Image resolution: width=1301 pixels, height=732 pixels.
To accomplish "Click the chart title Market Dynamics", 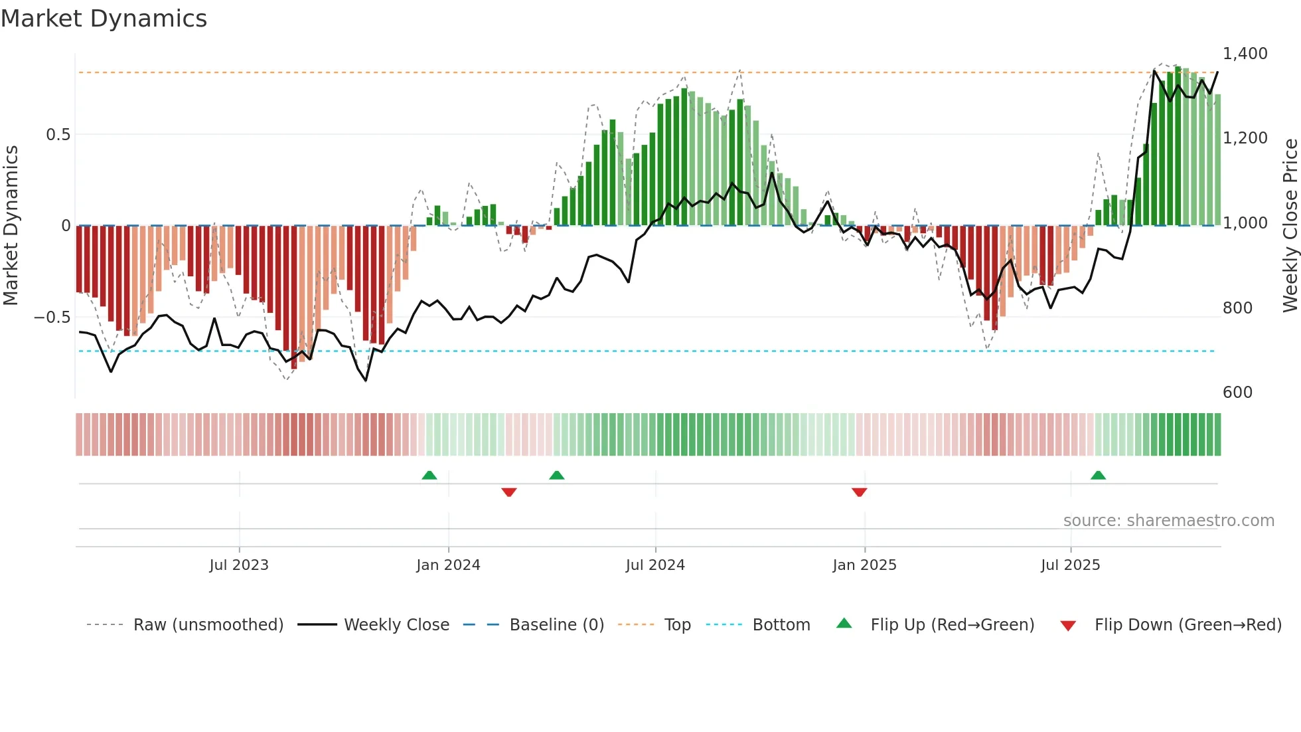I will point(104,19).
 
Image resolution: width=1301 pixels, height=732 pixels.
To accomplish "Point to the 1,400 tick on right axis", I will point(1245,54).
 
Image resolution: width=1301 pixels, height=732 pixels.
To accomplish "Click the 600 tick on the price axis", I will point(1237,393).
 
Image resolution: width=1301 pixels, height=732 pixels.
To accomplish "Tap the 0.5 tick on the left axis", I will point(58,135).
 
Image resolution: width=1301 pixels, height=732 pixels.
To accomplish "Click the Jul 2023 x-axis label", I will point(239,565).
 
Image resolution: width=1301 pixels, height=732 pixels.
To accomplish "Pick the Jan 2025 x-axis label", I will point(864,565).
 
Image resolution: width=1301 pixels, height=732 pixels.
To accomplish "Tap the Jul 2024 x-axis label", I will point(655,565).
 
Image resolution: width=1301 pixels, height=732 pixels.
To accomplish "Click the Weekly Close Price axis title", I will point(1290,226).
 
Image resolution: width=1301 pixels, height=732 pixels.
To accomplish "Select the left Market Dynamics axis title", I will point(11,226).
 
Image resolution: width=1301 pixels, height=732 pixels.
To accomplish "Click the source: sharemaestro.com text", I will point(1168,521).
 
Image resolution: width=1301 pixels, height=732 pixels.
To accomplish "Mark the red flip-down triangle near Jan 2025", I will point(859,492).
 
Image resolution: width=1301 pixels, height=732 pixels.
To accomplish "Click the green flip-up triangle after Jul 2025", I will point(1098,475).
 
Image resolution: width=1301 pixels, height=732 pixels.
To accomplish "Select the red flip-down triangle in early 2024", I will point(509,492).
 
